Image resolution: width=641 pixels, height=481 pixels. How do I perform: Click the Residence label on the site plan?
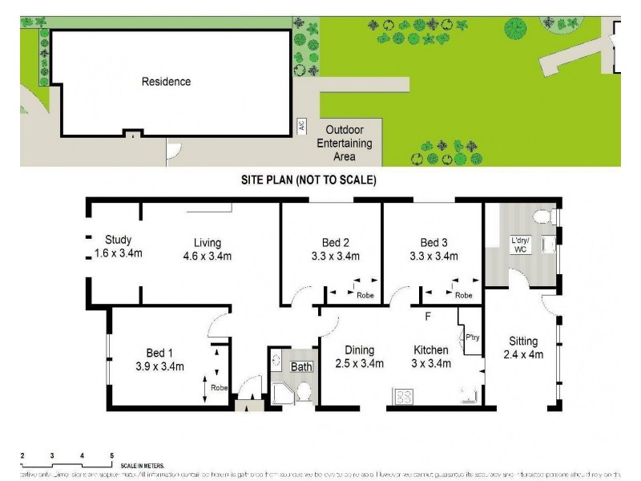(166, 81)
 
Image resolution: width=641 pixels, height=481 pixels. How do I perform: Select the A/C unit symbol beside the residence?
(302, 126)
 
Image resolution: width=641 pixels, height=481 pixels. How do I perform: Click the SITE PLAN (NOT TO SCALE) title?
(308, 180)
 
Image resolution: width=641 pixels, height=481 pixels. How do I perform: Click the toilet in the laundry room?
(542, 214)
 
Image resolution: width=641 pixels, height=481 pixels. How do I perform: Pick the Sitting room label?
(521, 341)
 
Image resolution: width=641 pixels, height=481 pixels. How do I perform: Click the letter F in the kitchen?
(428, 316)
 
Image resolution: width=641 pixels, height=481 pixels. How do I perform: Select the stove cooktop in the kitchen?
(401, 395)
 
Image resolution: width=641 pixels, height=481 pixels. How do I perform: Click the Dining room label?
(360, 350)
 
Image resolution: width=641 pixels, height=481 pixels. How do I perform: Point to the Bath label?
(300, 367)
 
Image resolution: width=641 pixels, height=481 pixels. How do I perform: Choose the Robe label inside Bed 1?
(219, 388)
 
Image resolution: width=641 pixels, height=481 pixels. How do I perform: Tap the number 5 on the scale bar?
(111, 455)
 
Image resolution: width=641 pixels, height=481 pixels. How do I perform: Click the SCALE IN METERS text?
(142, 465)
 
